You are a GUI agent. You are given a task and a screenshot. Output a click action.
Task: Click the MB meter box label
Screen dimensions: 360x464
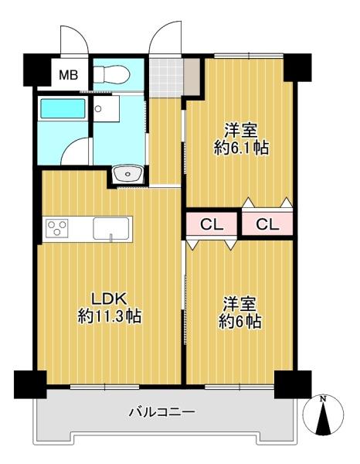pos(68,75)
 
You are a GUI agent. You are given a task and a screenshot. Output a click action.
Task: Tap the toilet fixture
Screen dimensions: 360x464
pos(112,74)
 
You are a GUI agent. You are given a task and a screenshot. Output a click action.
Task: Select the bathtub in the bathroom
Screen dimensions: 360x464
pos(63,108)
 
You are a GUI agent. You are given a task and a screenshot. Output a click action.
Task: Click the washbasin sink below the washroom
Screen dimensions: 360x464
pos(128,174)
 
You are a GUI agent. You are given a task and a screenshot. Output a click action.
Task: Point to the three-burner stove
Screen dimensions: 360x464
pos(56,228)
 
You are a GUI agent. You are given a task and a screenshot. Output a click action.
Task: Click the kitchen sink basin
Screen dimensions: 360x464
pos(111,228)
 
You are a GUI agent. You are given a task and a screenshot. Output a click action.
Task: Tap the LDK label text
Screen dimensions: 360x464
pos(109,299)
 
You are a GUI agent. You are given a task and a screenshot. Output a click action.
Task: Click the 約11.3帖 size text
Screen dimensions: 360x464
pos(110,316)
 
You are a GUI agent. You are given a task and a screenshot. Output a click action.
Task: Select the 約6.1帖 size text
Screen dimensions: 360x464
pos(241,148)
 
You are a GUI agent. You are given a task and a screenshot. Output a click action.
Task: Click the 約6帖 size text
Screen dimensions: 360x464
pos(239,321)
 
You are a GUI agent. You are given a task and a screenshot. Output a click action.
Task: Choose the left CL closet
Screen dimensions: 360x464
pos(212,224)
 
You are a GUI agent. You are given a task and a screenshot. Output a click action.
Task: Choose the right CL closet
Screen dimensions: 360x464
pos(267,224)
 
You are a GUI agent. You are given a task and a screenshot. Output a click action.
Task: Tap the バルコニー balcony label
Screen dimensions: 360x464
pos(162,411)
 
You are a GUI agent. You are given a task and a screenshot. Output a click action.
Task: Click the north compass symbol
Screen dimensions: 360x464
pos(323,413)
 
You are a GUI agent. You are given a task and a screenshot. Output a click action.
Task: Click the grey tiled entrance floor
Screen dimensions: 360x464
pos(166,77)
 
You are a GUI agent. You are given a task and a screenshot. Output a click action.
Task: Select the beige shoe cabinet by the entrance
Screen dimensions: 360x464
pos(192,77)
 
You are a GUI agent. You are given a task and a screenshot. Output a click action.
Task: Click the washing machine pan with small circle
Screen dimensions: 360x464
pos(106,109)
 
